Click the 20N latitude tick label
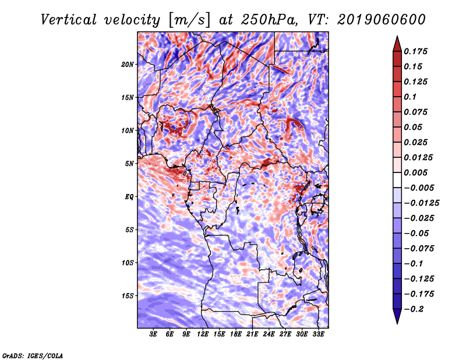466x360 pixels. pyautogui.click(x=128, y=65)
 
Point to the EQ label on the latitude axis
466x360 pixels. pyautogui.click(x=129, y=197)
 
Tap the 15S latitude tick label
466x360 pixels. pyautogui.click(x=128, y=296)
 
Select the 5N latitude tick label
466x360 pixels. pyautogui.click(x=129, y=164)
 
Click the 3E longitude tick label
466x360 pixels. pyautogui.click(x=153, y=334)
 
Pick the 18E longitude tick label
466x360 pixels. pyautogui.click(x=236, y=334)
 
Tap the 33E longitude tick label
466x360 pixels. pyautogui.click(x=318, y=334)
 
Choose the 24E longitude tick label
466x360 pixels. pyautogui.click(x=269, y=334)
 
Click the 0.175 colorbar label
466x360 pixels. pyautogui.click(x=415, y=51)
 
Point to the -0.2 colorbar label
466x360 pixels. pyautogui.click(x=414, y=309)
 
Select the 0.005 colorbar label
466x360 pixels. pyautogui.click(x=415, y=172)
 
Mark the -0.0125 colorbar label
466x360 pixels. pyautogui.click(x=421, y=203)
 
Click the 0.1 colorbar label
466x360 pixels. pyautogui.click(x=410, y=97)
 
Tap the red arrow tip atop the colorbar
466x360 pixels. pyautogui.click(x=397, y=37)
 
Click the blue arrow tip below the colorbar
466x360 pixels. pyautogui.click(x=397, y=323)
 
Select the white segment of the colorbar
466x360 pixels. pyautogui.click(x=397, y=180)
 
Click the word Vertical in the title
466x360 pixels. pyautogui.click(x=68, y=20)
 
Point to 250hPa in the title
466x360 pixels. pyautogui.click(x=269, y=20)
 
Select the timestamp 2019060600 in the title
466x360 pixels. pyautogui.click(x=382, y=20)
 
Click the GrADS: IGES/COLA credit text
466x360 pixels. pyautogui.click(x=33, y=355)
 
